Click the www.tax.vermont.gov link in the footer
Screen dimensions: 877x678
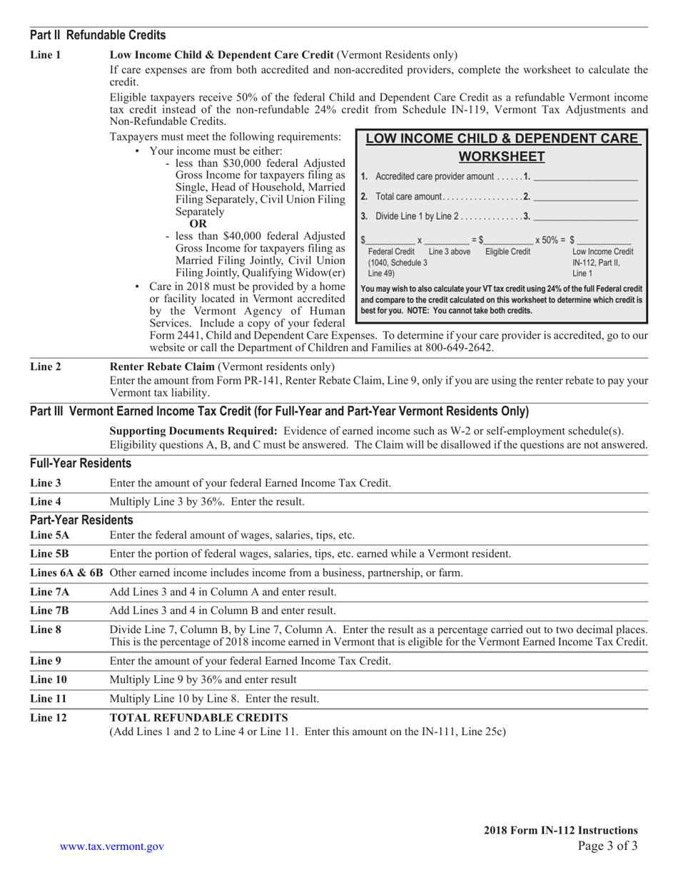coord(112,846)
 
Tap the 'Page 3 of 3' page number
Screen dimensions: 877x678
coord(607,846)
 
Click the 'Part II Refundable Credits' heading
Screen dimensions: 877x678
coord(98,35)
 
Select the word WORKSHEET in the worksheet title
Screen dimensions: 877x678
coord(501,156)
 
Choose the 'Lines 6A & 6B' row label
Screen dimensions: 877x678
coord(67,573)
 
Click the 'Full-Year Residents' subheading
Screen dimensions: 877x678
coord(81,463)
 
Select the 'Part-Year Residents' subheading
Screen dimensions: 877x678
coord(81,520)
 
